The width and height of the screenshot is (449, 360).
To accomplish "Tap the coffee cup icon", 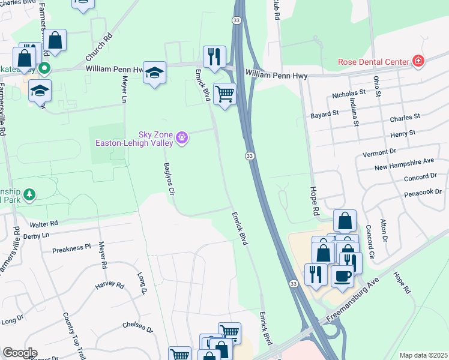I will (342, 276).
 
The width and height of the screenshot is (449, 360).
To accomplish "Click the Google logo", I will (19, 353).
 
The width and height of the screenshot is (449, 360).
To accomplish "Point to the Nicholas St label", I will (349, 95).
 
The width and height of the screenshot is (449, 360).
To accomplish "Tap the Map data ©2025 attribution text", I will (423, 355).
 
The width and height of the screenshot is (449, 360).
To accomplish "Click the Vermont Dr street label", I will (381, 152).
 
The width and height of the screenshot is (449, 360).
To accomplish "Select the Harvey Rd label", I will (109, 283).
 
